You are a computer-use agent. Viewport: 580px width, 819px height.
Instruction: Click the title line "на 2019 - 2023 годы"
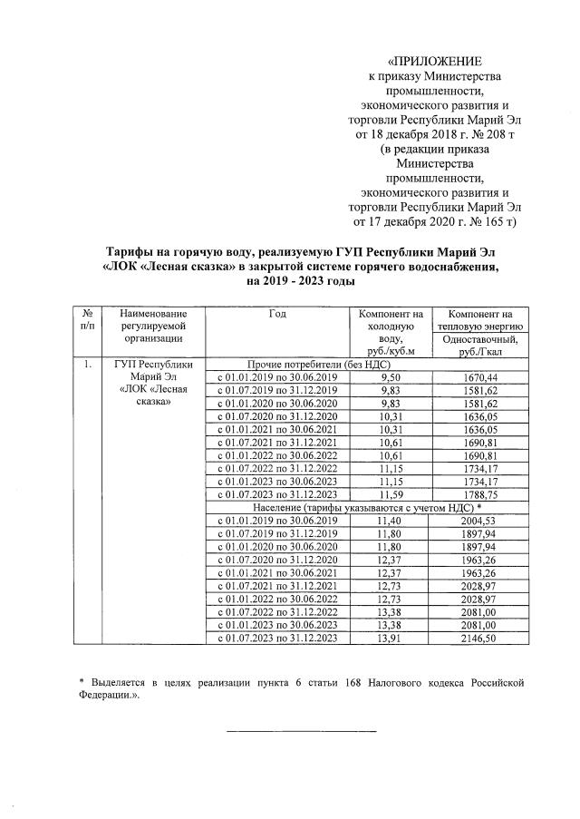click(299, 282)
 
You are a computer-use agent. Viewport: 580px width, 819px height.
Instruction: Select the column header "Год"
click(276, 313)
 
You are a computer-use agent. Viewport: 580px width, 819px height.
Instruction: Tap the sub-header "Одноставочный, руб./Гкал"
click(480, 346)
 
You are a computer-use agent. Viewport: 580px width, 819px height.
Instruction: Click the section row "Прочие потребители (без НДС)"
click(299, 364)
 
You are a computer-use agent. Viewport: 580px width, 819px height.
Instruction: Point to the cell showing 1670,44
click(480, 376)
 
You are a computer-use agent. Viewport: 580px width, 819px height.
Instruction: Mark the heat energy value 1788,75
click(480, 494)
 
